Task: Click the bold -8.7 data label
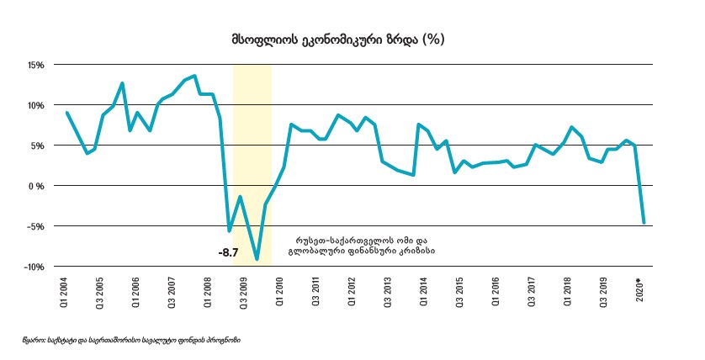pos(230,251)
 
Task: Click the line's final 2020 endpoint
pos(644,223)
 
